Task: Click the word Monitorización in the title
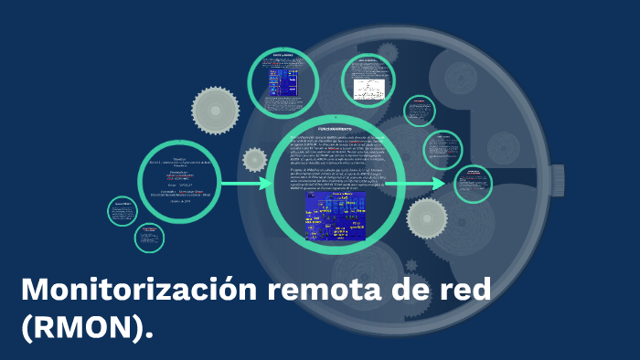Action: (x=138, y=291)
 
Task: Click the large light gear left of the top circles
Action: (x=216, y=111)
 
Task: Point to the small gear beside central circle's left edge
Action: (x=255, y=159)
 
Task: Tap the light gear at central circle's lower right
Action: (x=426, y=217)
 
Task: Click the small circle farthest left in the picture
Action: (x=123, y=212)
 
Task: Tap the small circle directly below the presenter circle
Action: (x=149, y=238)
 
